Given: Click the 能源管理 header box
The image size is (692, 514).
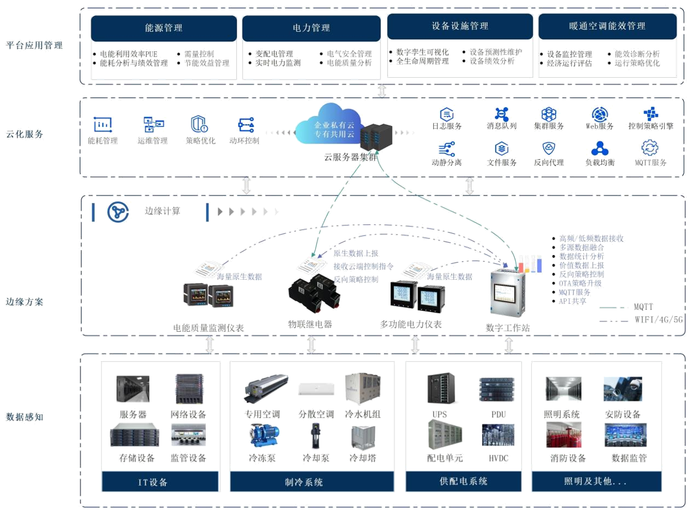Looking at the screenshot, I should [x=164, y=28].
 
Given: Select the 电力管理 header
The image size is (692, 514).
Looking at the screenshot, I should [x=311, y=28].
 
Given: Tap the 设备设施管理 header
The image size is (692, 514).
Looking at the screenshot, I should [x=460, y=26].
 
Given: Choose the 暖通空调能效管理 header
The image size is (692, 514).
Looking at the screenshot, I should [x=607, y=26].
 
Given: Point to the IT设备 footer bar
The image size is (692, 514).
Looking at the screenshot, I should [x=152, y=482].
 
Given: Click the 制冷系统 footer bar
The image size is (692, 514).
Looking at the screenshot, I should [x=304, y=482].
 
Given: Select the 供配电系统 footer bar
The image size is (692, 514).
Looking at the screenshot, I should [x=463, y=481].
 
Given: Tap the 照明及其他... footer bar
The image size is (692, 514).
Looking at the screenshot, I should [x=596, y=481].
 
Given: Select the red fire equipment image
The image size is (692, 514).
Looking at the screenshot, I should [x=563, y=435].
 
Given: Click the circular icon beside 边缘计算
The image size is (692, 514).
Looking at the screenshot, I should [x=118, y=212].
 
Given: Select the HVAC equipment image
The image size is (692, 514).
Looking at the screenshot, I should [x=498, y=436].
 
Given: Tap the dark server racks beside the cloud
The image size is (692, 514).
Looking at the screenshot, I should [x=376, y=138].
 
